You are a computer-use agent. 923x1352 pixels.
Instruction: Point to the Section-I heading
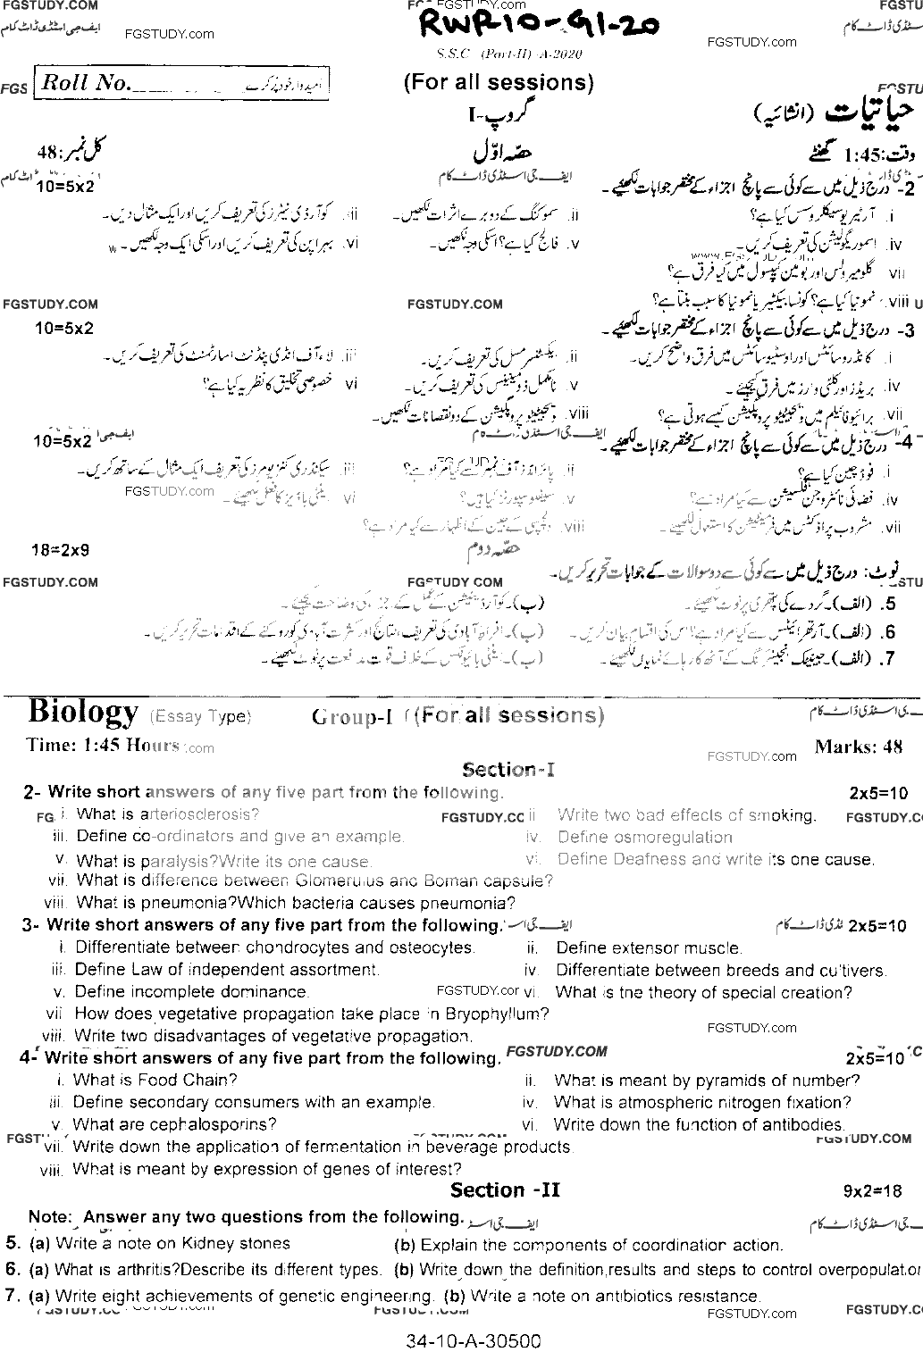pyautogui.click(x=508, y=769)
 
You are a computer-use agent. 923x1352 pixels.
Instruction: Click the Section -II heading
pyautogui.click(x=505, y=1190)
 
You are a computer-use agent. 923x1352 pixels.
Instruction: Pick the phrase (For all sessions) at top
pyautogui.click(x=499, y=83)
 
